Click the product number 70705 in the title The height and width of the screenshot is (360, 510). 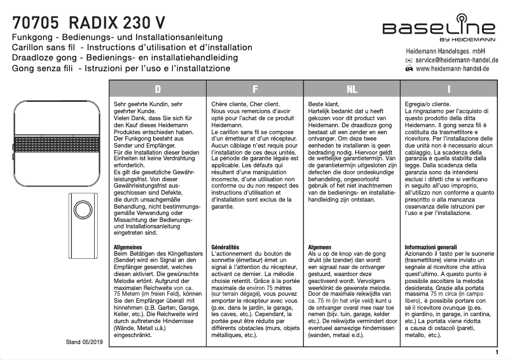click(x=37, y=23)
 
